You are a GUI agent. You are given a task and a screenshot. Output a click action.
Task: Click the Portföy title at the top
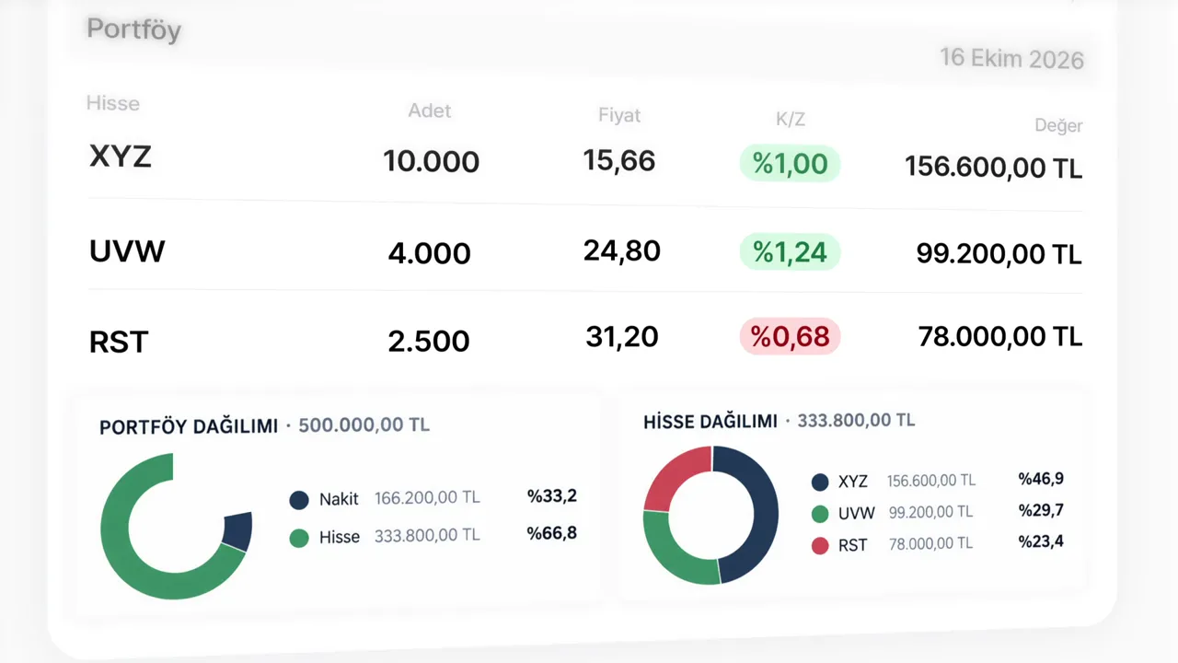point(134,29)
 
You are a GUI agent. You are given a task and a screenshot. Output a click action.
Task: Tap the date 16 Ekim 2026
point(1011,58)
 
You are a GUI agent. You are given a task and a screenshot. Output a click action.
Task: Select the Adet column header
point(430,110)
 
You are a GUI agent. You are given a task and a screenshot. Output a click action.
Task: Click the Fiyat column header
point(619,115)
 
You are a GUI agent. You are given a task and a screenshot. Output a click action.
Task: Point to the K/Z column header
point(791,120)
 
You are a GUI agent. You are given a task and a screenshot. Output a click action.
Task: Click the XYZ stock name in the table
point(121,157)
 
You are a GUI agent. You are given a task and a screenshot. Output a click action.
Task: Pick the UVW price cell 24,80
point(621,250)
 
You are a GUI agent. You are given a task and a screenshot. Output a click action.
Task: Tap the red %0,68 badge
point(790,336)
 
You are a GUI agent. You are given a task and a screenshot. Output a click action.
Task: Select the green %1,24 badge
point(790,251)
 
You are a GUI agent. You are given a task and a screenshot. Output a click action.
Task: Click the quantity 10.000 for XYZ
point(432,161)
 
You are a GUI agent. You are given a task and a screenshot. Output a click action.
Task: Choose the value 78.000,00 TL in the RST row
point(999,336)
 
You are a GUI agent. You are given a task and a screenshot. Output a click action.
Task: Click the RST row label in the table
point(119,342)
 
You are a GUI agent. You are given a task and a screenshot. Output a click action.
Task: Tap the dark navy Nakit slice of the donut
point(237,531)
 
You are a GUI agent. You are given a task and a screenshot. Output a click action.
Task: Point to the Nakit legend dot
point(299,499)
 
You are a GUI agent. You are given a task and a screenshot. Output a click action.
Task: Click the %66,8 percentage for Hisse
point(551,533)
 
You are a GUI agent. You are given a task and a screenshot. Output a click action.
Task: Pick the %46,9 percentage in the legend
point(1041,478)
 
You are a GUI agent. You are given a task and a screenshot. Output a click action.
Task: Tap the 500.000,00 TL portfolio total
point(364,425)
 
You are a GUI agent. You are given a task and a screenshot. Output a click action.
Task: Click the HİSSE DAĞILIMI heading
point(710,422)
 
